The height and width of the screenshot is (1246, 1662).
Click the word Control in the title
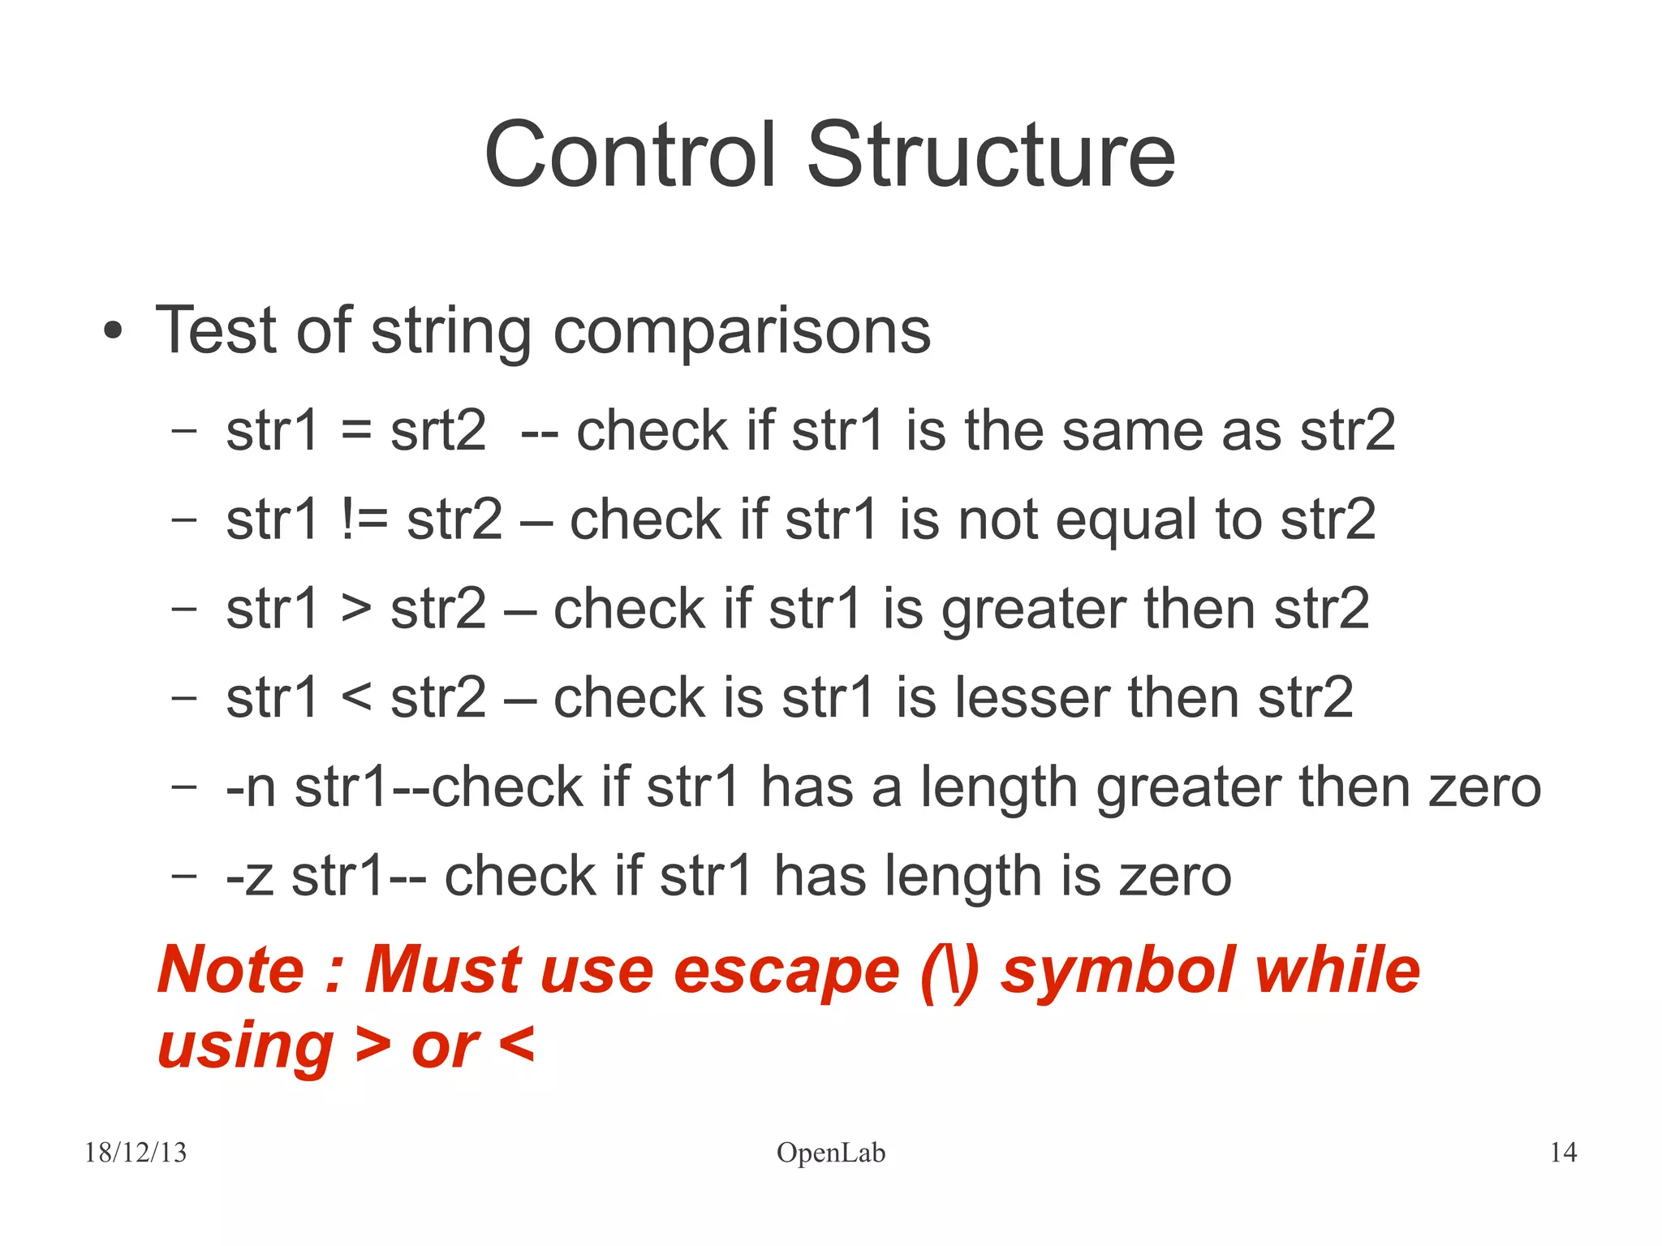click(629, 154)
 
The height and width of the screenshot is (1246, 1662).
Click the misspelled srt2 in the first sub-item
click(437, 430)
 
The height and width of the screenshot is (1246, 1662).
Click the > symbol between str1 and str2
click(355, 610)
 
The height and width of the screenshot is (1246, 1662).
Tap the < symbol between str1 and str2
click(355, 699)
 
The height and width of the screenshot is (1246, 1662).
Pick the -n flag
click(251, 788)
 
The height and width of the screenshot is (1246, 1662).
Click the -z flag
click(249, 877)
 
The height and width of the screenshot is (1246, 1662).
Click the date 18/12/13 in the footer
click(136, 1153)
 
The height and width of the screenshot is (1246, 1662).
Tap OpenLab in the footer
click(830, 1153)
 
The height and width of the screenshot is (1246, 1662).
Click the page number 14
click(1563, 1153)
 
